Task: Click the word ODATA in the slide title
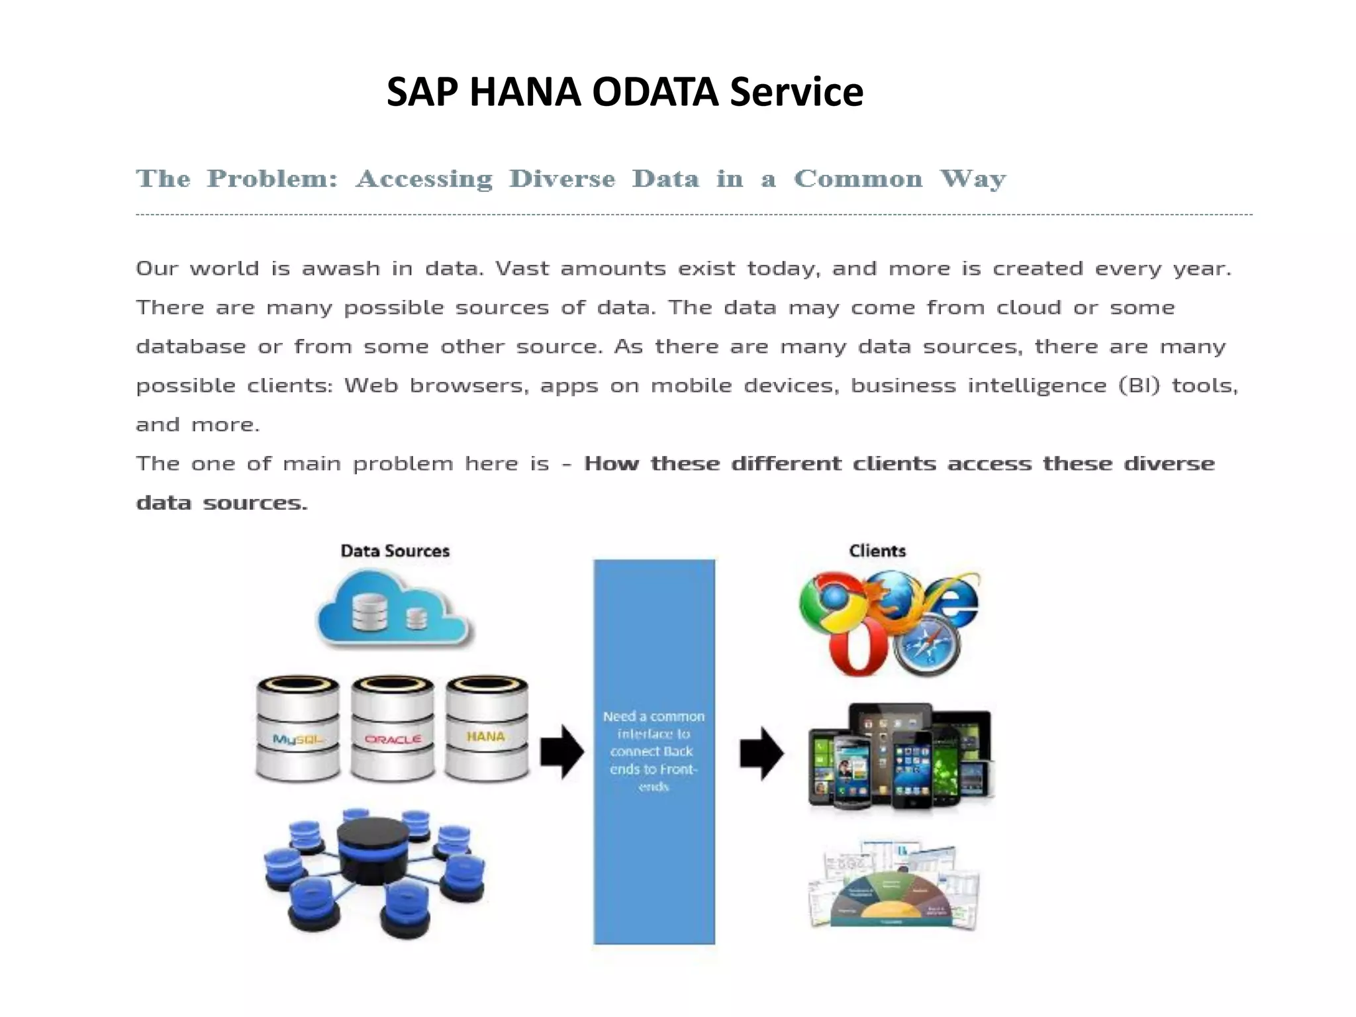click(654, 91)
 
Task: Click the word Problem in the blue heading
click(272, 179)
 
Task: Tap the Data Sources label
click(395, 551)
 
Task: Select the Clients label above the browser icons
click(877, 551)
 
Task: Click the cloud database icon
click(393, 609)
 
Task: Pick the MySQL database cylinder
click(297, 728)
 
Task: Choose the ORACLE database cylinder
click(393, 728)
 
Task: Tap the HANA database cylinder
click(487, 728)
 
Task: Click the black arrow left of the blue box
click(561, 752)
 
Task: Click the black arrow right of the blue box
click(761, 753)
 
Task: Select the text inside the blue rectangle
click(654, 751)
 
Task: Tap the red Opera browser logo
click(858, 650)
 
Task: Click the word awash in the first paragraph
click(340, 269)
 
